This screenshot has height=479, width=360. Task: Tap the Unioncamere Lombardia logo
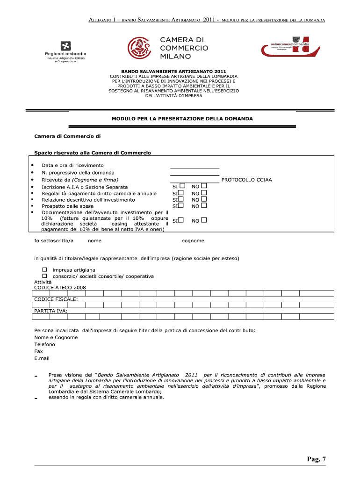pyautogui.click(x=290, y=47)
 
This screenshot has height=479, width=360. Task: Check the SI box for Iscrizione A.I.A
pyautogui.click(x=182, y=186)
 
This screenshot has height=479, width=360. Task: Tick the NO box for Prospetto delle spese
pyautogui.click(x=204, y=205)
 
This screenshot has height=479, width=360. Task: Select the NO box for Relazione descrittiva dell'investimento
pyautogui.click(x=204, y=199)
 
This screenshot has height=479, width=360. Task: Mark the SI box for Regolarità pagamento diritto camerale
pyautogui.click(x=180, y=193)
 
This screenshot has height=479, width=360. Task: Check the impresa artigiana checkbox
pyautogui.click(x=45, y=270)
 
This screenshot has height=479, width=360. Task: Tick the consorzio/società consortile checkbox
pyautogui.click(x=45, y=276)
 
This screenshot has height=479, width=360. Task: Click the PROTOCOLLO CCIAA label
pyautogui.click(x=246, y=180)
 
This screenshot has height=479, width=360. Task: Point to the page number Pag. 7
pyautogui.click(x=316, y=459)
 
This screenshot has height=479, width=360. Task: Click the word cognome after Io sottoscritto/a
pyautogui.click(x=193, y=241)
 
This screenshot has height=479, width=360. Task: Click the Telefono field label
pyautogui.click(x=44, y=344)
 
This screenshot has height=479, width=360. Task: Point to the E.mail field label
pyautogui.click(x=42, y=358)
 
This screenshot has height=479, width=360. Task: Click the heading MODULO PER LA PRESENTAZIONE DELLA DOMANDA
pyautogui.click(x=182, y=119)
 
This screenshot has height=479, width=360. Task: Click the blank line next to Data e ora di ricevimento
pyautogui.click(x=194, y=166)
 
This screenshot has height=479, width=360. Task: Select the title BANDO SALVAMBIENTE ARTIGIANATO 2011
pyautogui.click(x=173, y=71)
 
